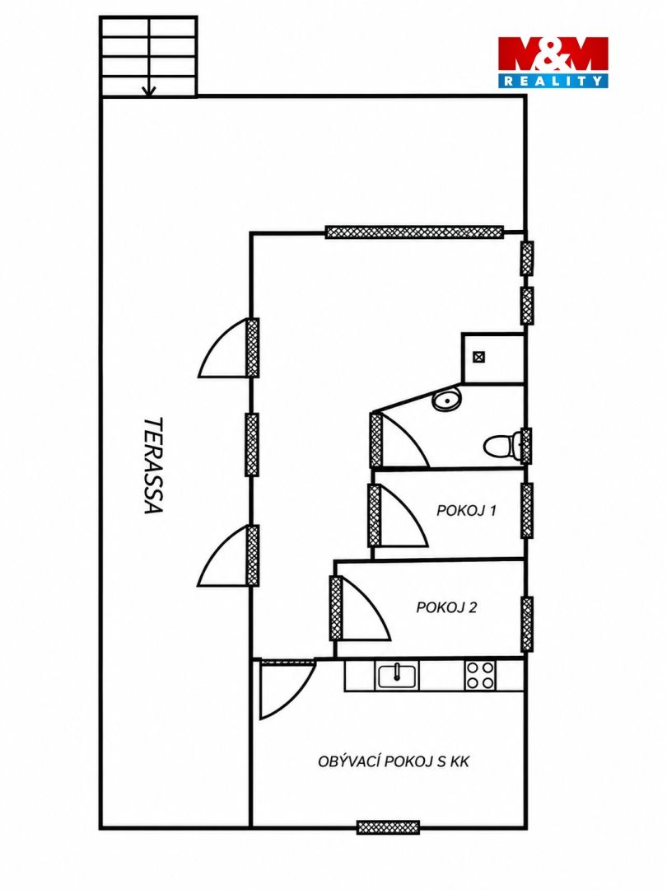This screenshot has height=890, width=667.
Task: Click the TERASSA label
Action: tap(153, 466)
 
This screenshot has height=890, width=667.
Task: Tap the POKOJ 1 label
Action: tap(466, 510)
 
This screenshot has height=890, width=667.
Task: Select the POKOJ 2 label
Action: tap(446, 607)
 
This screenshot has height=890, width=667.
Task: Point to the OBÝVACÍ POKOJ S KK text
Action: tap(394, 761)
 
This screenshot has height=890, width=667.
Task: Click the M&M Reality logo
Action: tap(553, 62)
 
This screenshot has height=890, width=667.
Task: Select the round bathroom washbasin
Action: tap(447, 400)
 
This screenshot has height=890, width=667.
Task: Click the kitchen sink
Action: tap(396, 676)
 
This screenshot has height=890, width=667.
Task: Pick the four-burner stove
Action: tap(480, 676)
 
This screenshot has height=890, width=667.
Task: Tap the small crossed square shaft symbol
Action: tap(480, 357)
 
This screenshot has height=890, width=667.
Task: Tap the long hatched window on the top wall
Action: tap(414, 232)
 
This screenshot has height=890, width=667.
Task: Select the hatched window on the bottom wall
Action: tap(388, 827)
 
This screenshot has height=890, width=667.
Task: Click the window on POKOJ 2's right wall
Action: tap(527, 624)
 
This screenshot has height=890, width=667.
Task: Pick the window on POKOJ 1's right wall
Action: tap(527, 510)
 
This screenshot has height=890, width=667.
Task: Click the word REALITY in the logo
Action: tap(553, 81)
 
